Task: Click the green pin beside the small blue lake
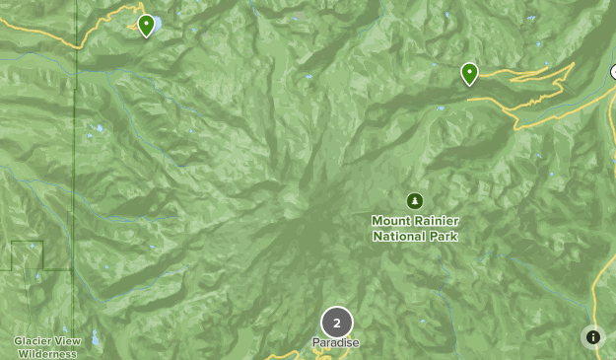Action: [146, 25]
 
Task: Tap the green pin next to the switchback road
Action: [469, 73]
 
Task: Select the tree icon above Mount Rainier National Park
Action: [415, 200]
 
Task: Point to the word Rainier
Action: [437, 221]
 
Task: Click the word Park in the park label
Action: [445, 236]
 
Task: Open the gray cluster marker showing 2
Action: [336, 323]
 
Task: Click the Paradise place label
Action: [336, 343]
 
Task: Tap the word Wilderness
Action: [47, 353]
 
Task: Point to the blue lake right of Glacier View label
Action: [95, 338]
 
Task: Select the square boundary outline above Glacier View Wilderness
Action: [27, 254]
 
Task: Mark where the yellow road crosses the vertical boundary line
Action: [76, 44]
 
